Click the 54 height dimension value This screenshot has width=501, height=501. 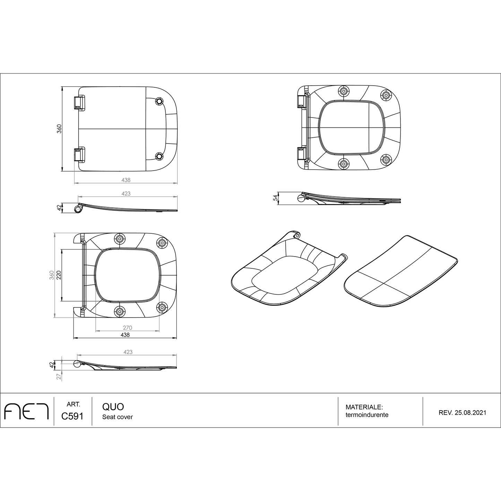276,198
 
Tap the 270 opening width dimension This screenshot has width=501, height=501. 127,328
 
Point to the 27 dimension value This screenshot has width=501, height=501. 59,377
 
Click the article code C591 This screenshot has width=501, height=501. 72,416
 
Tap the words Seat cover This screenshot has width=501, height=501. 118,417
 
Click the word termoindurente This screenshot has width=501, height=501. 367,415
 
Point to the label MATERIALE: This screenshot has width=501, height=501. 364,407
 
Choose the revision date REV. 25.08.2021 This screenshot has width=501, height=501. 462,413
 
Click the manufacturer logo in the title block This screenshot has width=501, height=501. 26,412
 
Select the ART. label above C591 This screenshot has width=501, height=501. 73,404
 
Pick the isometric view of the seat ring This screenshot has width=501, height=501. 288,269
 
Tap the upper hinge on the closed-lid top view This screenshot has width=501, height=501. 79,103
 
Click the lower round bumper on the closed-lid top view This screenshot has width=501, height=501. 159,156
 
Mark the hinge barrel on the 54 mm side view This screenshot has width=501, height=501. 301,198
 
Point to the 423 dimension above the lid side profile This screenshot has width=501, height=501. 126,193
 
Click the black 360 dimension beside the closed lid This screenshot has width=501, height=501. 59,129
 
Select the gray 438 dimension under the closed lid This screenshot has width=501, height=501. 126,180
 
